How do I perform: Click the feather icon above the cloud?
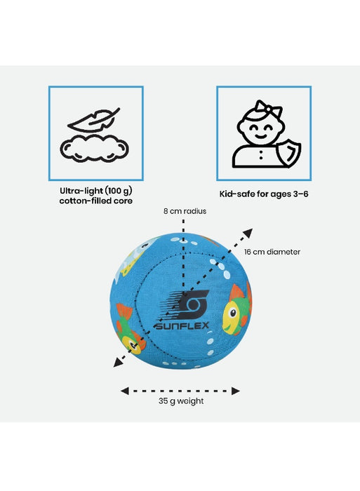(93, 120)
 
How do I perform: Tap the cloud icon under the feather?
(94, 149)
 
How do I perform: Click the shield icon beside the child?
(288, 153)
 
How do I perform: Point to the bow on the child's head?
(268, 108)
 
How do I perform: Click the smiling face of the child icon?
(260, 128)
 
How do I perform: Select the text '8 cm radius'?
(185, 211)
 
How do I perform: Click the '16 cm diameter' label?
(272, 252)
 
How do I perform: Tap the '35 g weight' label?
(181, 401)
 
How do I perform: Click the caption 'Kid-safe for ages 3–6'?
(264, 194)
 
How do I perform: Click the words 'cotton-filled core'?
(96, 201)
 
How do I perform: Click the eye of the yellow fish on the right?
(233, 313)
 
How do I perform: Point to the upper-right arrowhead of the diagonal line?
(248, 233)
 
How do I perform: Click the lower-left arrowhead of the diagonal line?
(118, 363)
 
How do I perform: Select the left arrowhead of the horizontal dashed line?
(125, 391)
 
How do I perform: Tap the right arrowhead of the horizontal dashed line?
(236, 391)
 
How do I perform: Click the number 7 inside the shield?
(290, 153)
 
